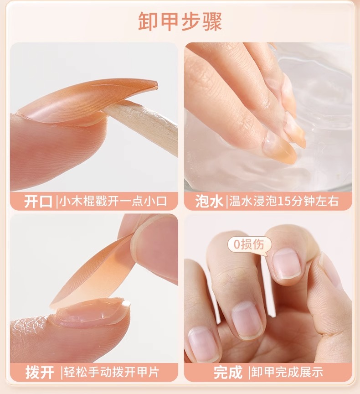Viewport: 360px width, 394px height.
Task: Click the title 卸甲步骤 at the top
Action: coord(180,21)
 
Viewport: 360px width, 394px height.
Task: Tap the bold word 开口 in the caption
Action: coord(38,201)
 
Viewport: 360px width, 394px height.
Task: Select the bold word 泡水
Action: coord(209,201)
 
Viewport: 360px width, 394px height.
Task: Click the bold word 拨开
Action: coord(40,372)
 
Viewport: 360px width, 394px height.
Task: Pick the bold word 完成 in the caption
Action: coord(228,372)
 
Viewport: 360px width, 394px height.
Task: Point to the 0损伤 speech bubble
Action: coord(249,244)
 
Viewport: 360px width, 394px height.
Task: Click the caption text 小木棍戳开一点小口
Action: coord(113,201)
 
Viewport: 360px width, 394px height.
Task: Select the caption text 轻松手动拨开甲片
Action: coord(112,372)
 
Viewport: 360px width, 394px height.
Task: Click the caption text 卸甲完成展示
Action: coord(287,372)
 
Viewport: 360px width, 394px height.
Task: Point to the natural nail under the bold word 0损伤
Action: coord(287,264)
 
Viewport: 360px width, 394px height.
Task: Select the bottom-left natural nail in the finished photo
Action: coord(203,344)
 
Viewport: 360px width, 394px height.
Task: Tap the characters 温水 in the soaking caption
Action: coord(241,201)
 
